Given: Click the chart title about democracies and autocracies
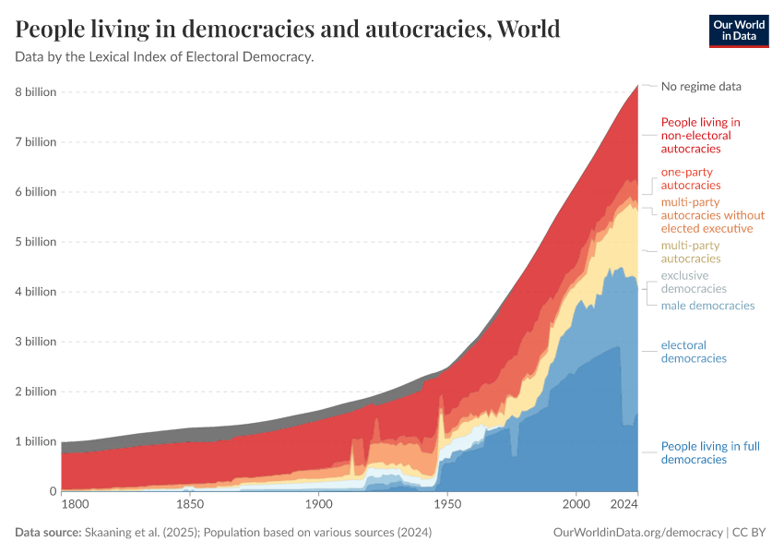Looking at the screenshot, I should click(x=288, y=30).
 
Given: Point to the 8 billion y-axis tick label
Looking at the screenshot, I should click(x=35, y=92).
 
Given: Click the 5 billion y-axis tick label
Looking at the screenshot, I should click(x=35, y=242).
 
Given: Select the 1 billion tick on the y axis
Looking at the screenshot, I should click(x=35, y=441).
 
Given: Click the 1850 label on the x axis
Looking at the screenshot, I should click(x=190, y=506).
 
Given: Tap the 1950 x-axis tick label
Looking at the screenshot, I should click(x=447, y=506).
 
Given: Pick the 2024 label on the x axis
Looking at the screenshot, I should click(x=624, y=506).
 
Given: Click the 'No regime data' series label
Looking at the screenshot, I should click(x=701, y=87).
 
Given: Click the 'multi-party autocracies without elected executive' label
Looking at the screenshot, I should click(x=713, y=215).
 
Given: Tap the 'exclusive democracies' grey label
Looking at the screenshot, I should click(x=694, y=283).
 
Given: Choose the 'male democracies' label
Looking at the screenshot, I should click(x=707, y=306).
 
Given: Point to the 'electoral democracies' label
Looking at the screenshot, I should click(x=694, y=352).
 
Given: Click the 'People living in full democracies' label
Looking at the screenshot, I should click(x=710, y=453).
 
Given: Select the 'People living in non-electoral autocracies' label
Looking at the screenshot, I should click(x=700, y=135).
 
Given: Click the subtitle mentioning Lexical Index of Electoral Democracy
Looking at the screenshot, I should click(x=164, y=57).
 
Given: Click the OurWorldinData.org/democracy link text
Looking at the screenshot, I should click(x=637, y=533).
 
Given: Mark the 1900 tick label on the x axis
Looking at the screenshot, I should click(x=318, y=506).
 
